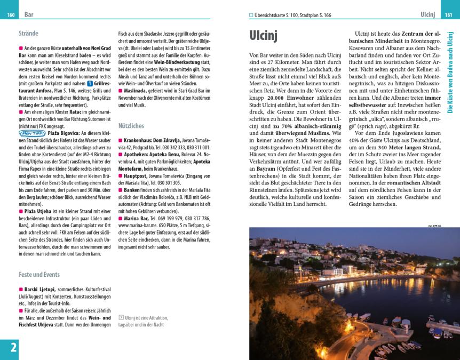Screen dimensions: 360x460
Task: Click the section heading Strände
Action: (x=28, y=34)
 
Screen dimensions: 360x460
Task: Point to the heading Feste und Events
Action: (x=38, y=275)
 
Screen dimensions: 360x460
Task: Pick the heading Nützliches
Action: (x=131, y=126)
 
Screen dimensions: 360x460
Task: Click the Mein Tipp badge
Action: (x=32, y=133)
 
